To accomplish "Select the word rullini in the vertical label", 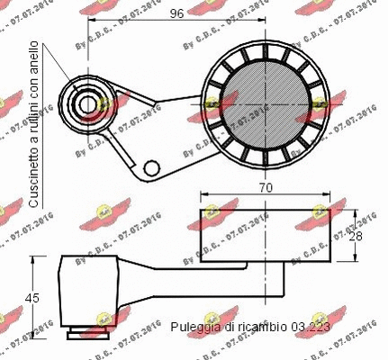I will tap(33, 112).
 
